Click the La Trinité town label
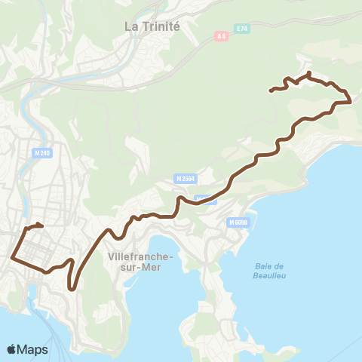click(152, 26)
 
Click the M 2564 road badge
click(183, 179)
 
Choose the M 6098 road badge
click(238, 222)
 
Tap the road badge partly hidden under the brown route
click(204, 199)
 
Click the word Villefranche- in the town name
click(142, 257)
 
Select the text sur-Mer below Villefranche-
click(142, 267)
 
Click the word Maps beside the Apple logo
click(34, 349)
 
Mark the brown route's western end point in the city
click(41, 225)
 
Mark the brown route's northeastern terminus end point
click(271, 90)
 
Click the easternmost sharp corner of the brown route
click(351, 101)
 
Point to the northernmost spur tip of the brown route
click(309, 72)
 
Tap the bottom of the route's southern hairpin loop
click(72, 287)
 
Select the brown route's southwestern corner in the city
click(12, 257)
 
